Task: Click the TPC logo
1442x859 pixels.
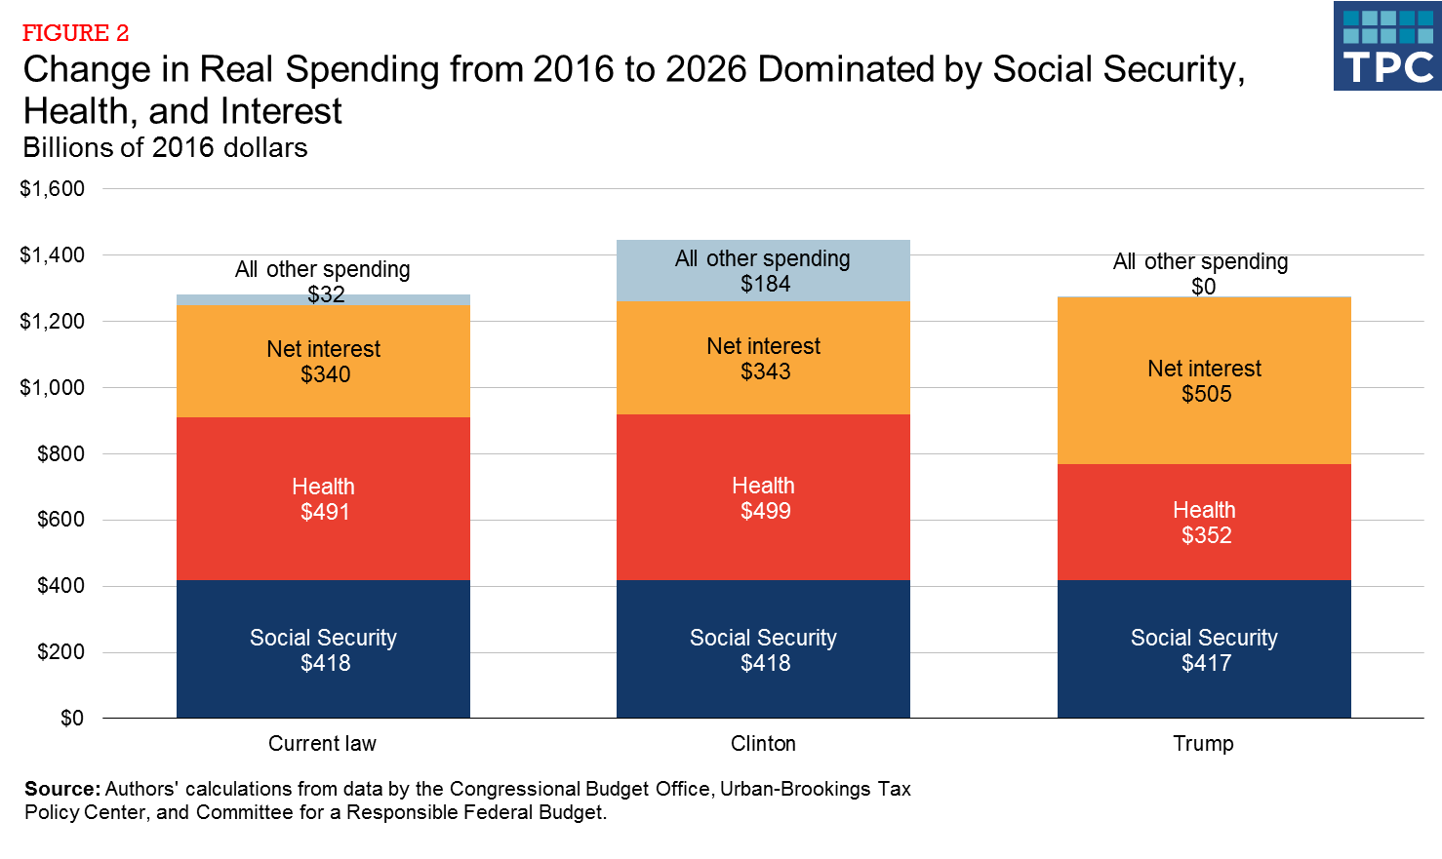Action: coord(1386,46)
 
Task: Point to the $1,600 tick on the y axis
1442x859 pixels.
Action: coord(52,189)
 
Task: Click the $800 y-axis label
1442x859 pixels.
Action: coord(60,453)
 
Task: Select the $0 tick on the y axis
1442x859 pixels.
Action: coord(72,719)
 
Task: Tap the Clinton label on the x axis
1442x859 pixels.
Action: coord(763,744)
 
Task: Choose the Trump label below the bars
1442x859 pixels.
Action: coord(1203,744)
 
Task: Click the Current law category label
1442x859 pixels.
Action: coord(322,744)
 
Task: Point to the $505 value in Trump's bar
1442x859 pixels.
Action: coord(1206,394)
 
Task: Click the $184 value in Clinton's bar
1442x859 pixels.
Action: coord(765,284)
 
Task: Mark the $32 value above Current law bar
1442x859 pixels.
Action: coord(326,294)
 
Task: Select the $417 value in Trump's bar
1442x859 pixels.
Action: coord(1206,663)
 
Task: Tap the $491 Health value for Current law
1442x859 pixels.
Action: coord(325,512)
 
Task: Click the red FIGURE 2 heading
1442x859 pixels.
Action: coord(75,33)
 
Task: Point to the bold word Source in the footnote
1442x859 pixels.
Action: coord(61,789)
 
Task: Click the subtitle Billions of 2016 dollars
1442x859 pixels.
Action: coord(165,148)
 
